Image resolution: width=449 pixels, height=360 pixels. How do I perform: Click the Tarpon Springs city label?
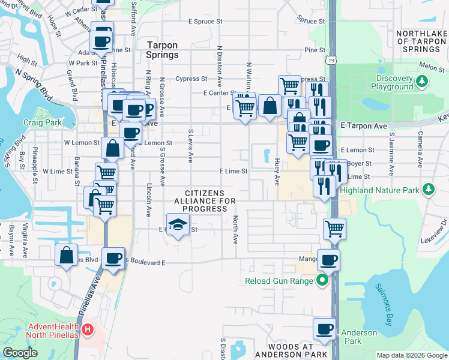pos(163,49)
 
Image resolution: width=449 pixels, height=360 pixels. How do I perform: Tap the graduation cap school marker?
pos(176,225)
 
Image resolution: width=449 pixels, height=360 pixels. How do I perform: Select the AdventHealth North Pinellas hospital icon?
pos(88,329)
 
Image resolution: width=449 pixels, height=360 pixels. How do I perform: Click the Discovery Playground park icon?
pos(423,80)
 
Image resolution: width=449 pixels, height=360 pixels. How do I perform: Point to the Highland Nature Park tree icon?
pos(428,190)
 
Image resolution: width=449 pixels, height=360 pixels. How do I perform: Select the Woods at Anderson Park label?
pos(291,351)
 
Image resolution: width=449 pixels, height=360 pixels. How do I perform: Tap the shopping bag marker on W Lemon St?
pos(113,147)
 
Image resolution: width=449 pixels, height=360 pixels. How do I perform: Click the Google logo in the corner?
pos(20,353)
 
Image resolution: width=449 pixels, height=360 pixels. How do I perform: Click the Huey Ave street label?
pos(277,172)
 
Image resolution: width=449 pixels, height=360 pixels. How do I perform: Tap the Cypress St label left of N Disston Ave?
pos(191,79)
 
